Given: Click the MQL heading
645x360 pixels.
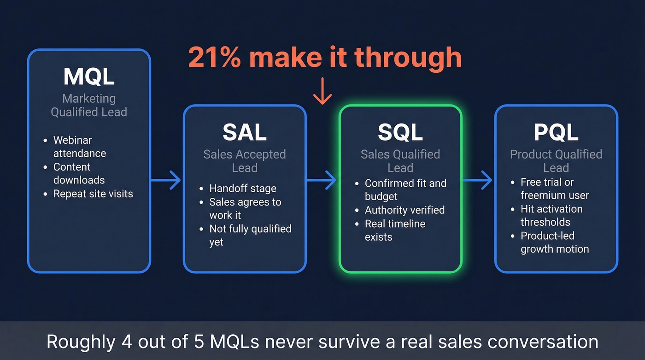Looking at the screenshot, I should point(89,77).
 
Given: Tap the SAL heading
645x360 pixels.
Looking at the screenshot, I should point(244,133).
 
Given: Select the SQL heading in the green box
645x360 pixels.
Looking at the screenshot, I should point(400,133).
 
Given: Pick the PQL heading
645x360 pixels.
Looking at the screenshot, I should point(556,133).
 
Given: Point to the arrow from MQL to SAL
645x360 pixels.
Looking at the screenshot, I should point(166,180).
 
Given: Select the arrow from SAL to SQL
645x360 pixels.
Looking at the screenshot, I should point(322,180).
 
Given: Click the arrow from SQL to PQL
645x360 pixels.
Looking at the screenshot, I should point(478,180).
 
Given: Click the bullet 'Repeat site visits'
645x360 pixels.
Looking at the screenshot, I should point(93,194).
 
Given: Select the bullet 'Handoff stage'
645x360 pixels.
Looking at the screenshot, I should point(242,189).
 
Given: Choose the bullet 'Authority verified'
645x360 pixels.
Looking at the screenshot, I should point(405,210).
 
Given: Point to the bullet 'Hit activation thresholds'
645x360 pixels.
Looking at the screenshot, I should point(551,215).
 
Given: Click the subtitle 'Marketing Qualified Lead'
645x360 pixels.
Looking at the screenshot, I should point(89,105).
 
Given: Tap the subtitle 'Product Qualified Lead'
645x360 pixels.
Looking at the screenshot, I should point(556,161).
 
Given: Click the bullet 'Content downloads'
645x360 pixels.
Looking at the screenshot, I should point(78,173).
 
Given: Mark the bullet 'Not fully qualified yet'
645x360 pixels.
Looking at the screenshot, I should point(250,235).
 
